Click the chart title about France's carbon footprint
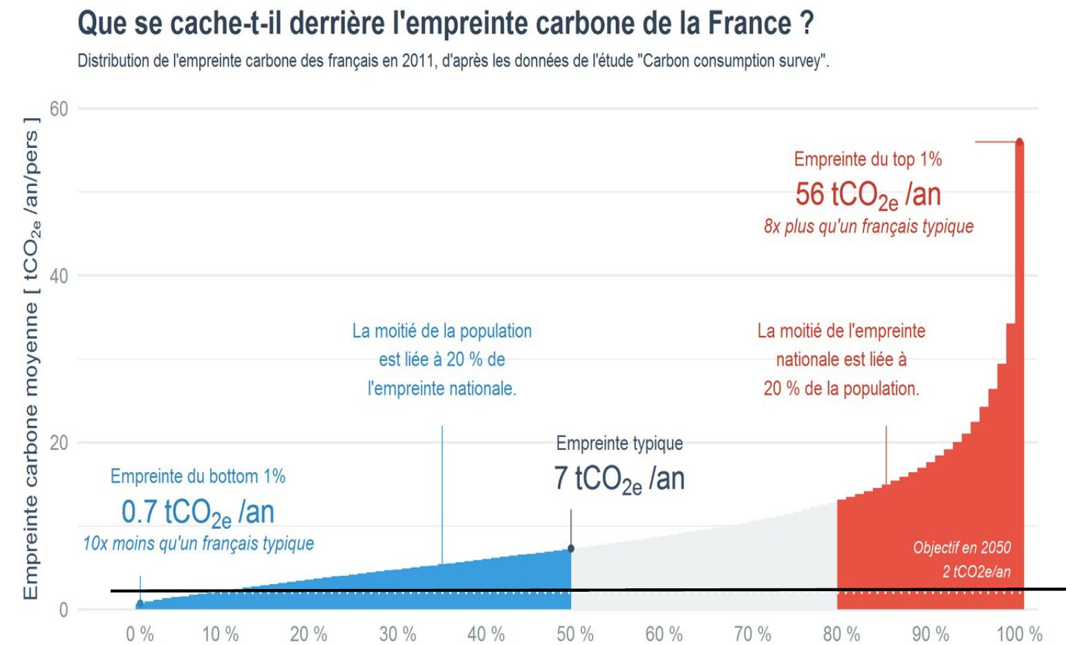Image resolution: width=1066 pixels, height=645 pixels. [445, 23]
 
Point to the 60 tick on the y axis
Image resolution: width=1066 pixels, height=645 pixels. [59, 109]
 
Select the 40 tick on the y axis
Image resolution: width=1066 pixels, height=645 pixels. [59, 276]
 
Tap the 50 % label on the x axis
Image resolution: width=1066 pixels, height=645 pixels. [575, 633]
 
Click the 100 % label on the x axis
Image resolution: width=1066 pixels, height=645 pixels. [1019, 633]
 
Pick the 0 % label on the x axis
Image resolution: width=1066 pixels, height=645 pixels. [140, 633]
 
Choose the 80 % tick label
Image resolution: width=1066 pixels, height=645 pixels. [841, 633]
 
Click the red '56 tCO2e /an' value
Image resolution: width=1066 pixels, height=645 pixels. [868, 195]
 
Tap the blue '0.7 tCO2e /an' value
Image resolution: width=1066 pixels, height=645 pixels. [198, 513]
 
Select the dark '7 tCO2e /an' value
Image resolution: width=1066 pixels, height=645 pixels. [619, 479]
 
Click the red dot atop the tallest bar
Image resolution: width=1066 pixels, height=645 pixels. [1019, 142]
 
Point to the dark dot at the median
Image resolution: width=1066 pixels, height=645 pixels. [571, 548]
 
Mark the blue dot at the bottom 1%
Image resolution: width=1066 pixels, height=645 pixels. [140, 604]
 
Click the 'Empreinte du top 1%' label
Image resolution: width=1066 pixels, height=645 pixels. [868, 160]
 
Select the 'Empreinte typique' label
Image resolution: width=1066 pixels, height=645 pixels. [619, 443]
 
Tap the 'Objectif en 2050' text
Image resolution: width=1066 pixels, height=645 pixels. [962, 548]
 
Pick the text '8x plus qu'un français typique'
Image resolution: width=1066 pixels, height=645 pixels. [868, 227]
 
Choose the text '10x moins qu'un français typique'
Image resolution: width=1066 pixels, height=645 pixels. [198, 544]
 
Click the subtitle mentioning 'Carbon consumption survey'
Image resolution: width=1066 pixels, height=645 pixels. [453, 61]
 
